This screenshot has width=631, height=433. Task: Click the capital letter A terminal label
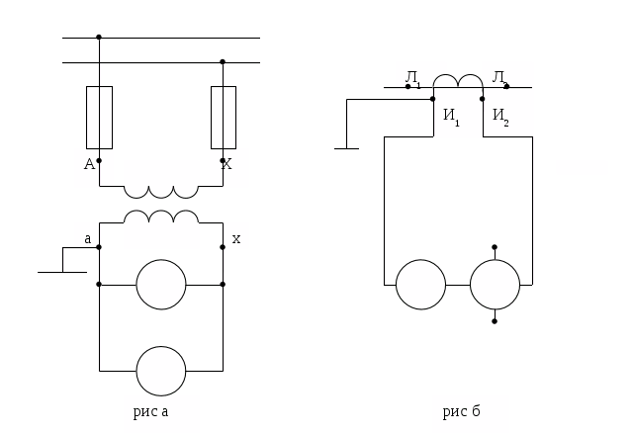(x=89, y=164)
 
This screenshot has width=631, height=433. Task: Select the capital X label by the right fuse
(x=226, y=164)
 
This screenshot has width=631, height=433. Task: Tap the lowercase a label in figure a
(x=87, y=238)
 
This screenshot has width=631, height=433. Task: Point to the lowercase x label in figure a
(x=235, y=238)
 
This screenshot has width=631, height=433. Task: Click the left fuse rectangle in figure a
(x=99, y=117)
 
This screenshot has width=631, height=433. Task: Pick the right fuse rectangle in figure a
(x=223, y=117)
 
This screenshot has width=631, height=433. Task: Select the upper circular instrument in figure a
(x=161, y=285)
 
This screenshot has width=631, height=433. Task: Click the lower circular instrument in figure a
(x=161, y=371)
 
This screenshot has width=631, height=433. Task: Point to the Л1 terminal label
(x=412, y=77)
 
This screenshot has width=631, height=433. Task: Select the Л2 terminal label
(x=500, y=77)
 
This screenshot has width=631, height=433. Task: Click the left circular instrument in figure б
(x=421, y=285)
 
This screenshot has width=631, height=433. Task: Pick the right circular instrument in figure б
(x=495, y=285)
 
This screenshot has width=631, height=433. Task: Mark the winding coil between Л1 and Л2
(x=458, y=82)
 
